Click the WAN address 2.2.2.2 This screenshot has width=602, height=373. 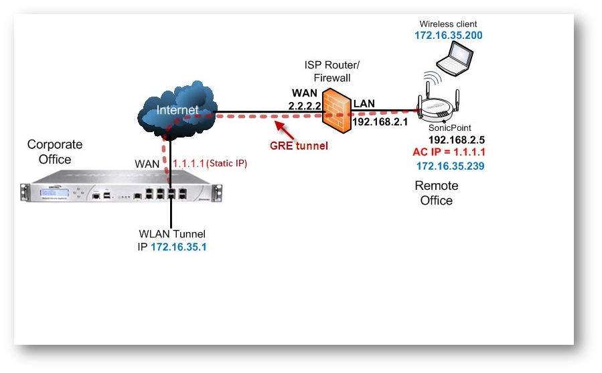(305, 106)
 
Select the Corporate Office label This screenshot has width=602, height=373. (55, 152)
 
